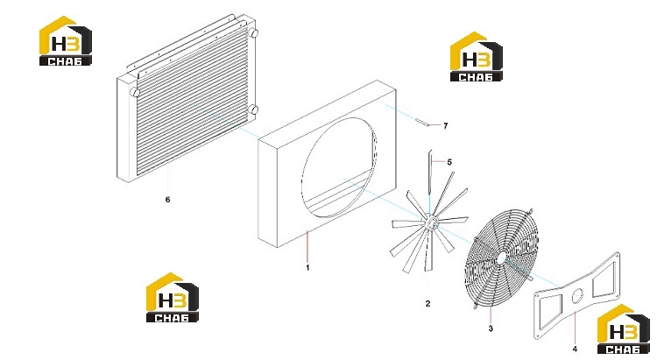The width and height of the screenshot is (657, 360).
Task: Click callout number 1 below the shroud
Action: pos(307,267)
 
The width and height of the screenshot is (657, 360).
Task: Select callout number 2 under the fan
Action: pos(427,303)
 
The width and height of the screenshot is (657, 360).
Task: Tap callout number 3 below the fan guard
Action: pos(491,328)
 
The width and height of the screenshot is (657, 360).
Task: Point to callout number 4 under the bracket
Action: pos(575,349)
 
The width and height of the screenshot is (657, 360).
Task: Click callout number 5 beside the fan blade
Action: pos(449,162)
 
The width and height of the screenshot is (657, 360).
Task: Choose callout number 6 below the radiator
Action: pos(167,200)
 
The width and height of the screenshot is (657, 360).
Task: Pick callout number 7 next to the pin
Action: pos(445,126)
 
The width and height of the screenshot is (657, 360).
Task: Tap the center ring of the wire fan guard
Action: pos(501,258)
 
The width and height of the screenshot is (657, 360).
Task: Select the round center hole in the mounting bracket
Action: pos(577,296)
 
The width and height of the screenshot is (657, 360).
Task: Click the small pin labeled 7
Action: pos(422,123)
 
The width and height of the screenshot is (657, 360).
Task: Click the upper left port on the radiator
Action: pos(134,92)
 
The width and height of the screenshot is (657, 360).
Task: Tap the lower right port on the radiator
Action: pos(253,110)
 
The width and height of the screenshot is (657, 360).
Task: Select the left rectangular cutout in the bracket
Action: pos(550,311)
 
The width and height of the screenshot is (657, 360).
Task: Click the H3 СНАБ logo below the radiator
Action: pos(173,298)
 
